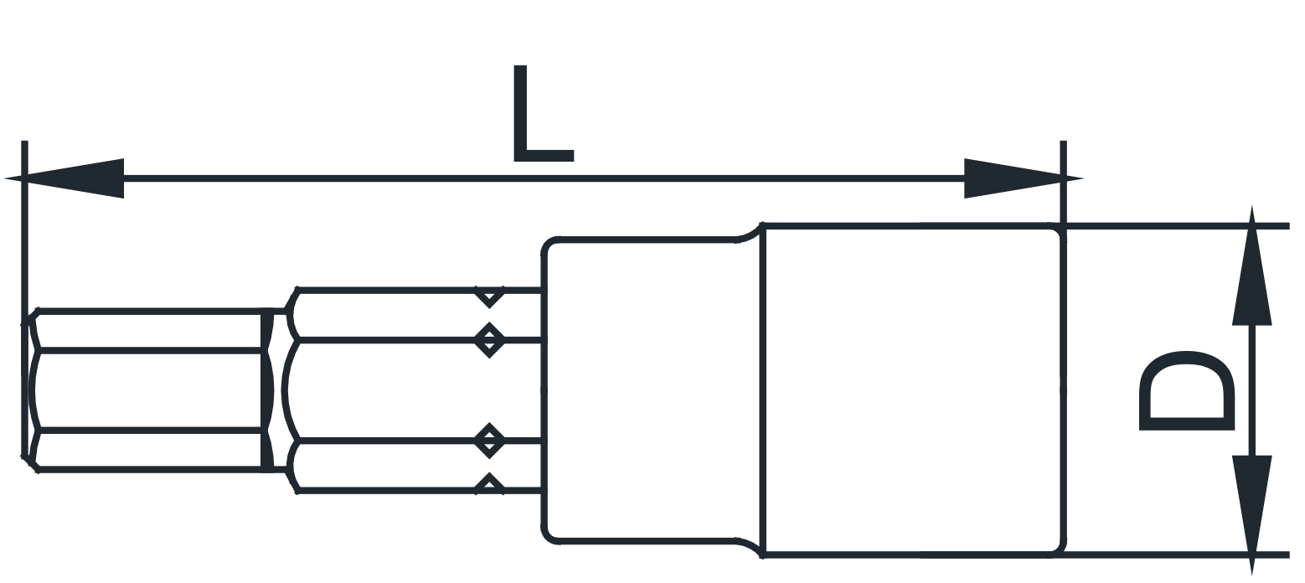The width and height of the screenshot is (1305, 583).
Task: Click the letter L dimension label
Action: [542, 114]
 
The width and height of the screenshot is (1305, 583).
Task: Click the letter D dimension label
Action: [1187, 391]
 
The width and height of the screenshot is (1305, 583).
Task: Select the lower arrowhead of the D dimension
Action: [1251, 515]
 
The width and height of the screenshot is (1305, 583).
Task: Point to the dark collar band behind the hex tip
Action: [267, 390]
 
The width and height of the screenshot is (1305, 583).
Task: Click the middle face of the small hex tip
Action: [148, 390]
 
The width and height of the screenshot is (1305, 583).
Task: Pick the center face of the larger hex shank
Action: [414, 390]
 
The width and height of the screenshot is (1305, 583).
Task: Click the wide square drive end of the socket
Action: [913, 390]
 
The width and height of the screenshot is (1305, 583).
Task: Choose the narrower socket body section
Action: [652, 390]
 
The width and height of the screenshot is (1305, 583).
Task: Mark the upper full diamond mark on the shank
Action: [489, 339]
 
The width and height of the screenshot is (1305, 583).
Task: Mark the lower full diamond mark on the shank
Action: [489, 441]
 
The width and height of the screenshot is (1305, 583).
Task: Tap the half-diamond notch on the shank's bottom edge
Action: [489, 483]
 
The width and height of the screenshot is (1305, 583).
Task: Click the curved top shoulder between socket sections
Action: [749, 233]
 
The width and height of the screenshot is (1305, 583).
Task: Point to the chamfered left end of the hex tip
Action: [30, 390]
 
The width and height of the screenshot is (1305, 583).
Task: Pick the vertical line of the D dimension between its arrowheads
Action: [1251, 390]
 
